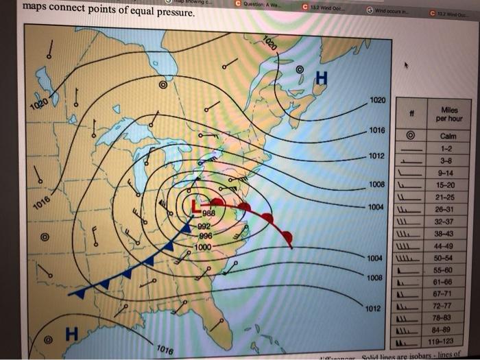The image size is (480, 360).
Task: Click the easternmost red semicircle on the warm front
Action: [288, 238]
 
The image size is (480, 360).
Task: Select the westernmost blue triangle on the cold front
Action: [80, 293]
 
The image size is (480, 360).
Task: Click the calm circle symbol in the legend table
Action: [410, 135]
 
